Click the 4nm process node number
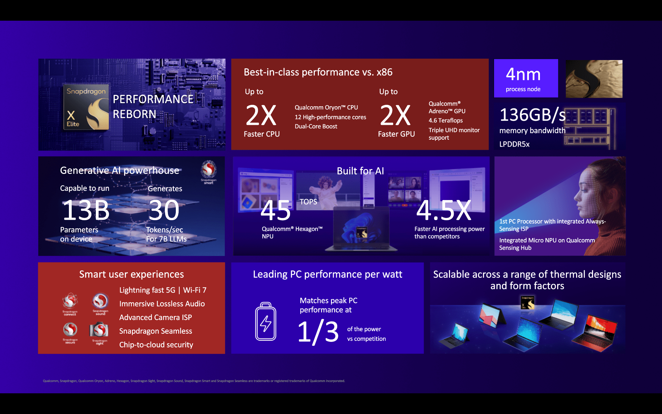click(x=523, y=74)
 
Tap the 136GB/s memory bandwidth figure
click(x=532, y=115)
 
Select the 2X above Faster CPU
click(x=261, y=115)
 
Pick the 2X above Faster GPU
click(x=395, y=115)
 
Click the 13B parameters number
click(x=86, y=210)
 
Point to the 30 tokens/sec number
click(x=164, y=210)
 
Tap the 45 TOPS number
click(x=276, y=210)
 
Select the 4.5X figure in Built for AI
click(x=444, y=210)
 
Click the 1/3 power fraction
click(x=318, y=332)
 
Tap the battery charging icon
click(x=265, y=322)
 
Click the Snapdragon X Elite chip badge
click(x=86, y=107)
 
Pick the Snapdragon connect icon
click(x=70, y=302)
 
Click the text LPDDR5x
click(x=514, y=144)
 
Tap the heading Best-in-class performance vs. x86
click(x=318, y=72)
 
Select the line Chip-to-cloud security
click(x=156, y=345)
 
